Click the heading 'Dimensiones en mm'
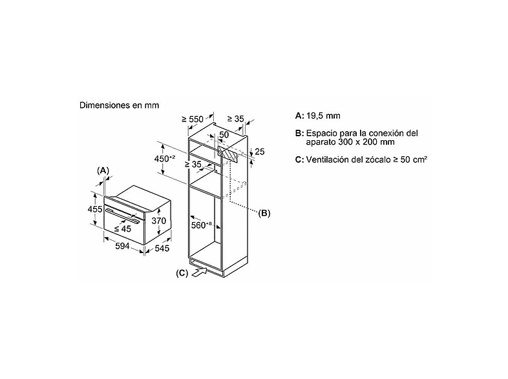(119, 105)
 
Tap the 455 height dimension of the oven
(95, 209)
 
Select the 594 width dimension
(122, 246)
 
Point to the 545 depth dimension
(162, 248)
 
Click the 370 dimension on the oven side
(159, 221)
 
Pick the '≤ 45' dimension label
(122, 229)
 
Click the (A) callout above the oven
(103, 170)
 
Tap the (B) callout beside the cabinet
(264, 213)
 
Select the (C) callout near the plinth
(182, 274)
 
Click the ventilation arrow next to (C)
(200, 272)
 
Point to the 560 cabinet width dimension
(201, 225)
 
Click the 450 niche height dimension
(164, 159)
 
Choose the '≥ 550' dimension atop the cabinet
(193, 119)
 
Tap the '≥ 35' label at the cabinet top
(235, 119)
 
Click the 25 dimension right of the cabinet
(260, 152)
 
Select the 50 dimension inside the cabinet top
(224, 135)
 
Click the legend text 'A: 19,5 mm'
(317, 116)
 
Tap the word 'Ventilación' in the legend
(327, 159)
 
